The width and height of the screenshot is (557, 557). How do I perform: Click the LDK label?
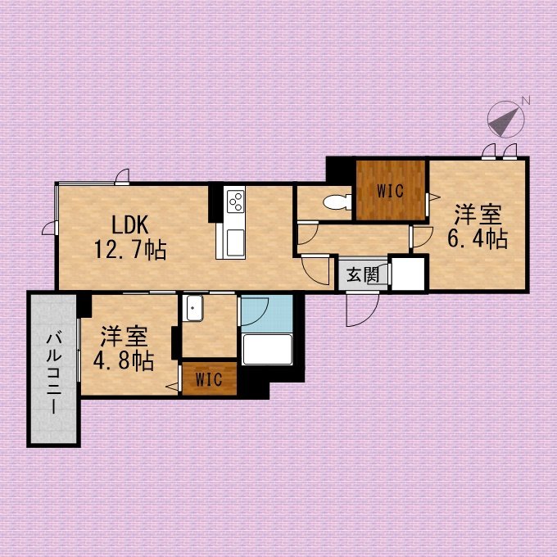[x=130, y=225]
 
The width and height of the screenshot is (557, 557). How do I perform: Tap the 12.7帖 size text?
[x=130, y=249]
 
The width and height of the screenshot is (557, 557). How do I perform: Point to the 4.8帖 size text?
[x=124, y=361]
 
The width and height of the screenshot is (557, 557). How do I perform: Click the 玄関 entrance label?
[x=363, y=274]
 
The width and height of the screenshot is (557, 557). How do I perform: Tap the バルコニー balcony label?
[x=54, y=373]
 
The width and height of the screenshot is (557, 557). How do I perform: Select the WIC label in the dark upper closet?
[x=391, y=191]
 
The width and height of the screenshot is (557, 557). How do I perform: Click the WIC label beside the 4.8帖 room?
[x=209, y=379]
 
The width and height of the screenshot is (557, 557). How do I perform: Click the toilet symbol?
[x=337, y=202]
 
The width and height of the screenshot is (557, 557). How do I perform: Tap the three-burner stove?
[x=236, y=201]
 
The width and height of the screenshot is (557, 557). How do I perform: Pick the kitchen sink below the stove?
[x=235, y=242]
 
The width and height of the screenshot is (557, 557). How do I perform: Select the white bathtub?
[x=267, y=349]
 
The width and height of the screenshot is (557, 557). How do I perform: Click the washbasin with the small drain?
[x=192, y=308]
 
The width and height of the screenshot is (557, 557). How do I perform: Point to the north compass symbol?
[x=505, y=119]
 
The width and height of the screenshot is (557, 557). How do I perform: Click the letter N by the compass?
[x=526, y=100]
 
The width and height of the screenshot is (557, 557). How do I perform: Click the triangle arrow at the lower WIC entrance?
[x=172, y=387]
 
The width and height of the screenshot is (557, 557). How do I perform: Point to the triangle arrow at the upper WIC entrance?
[x=435, y=197]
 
